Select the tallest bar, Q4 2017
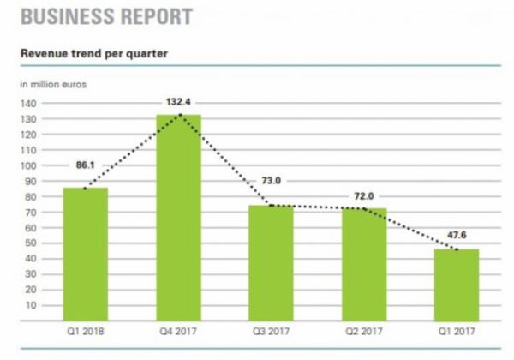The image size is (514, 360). [x=178, y=219]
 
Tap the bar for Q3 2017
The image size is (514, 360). [x=271, y=261]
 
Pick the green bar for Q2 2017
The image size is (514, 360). [x=363, y=261]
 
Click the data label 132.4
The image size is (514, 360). [x=178, y=102]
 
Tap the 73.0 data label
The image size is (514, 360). [x=271, y=182]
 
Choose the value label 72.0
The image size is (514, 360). [x=363, y=195]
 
